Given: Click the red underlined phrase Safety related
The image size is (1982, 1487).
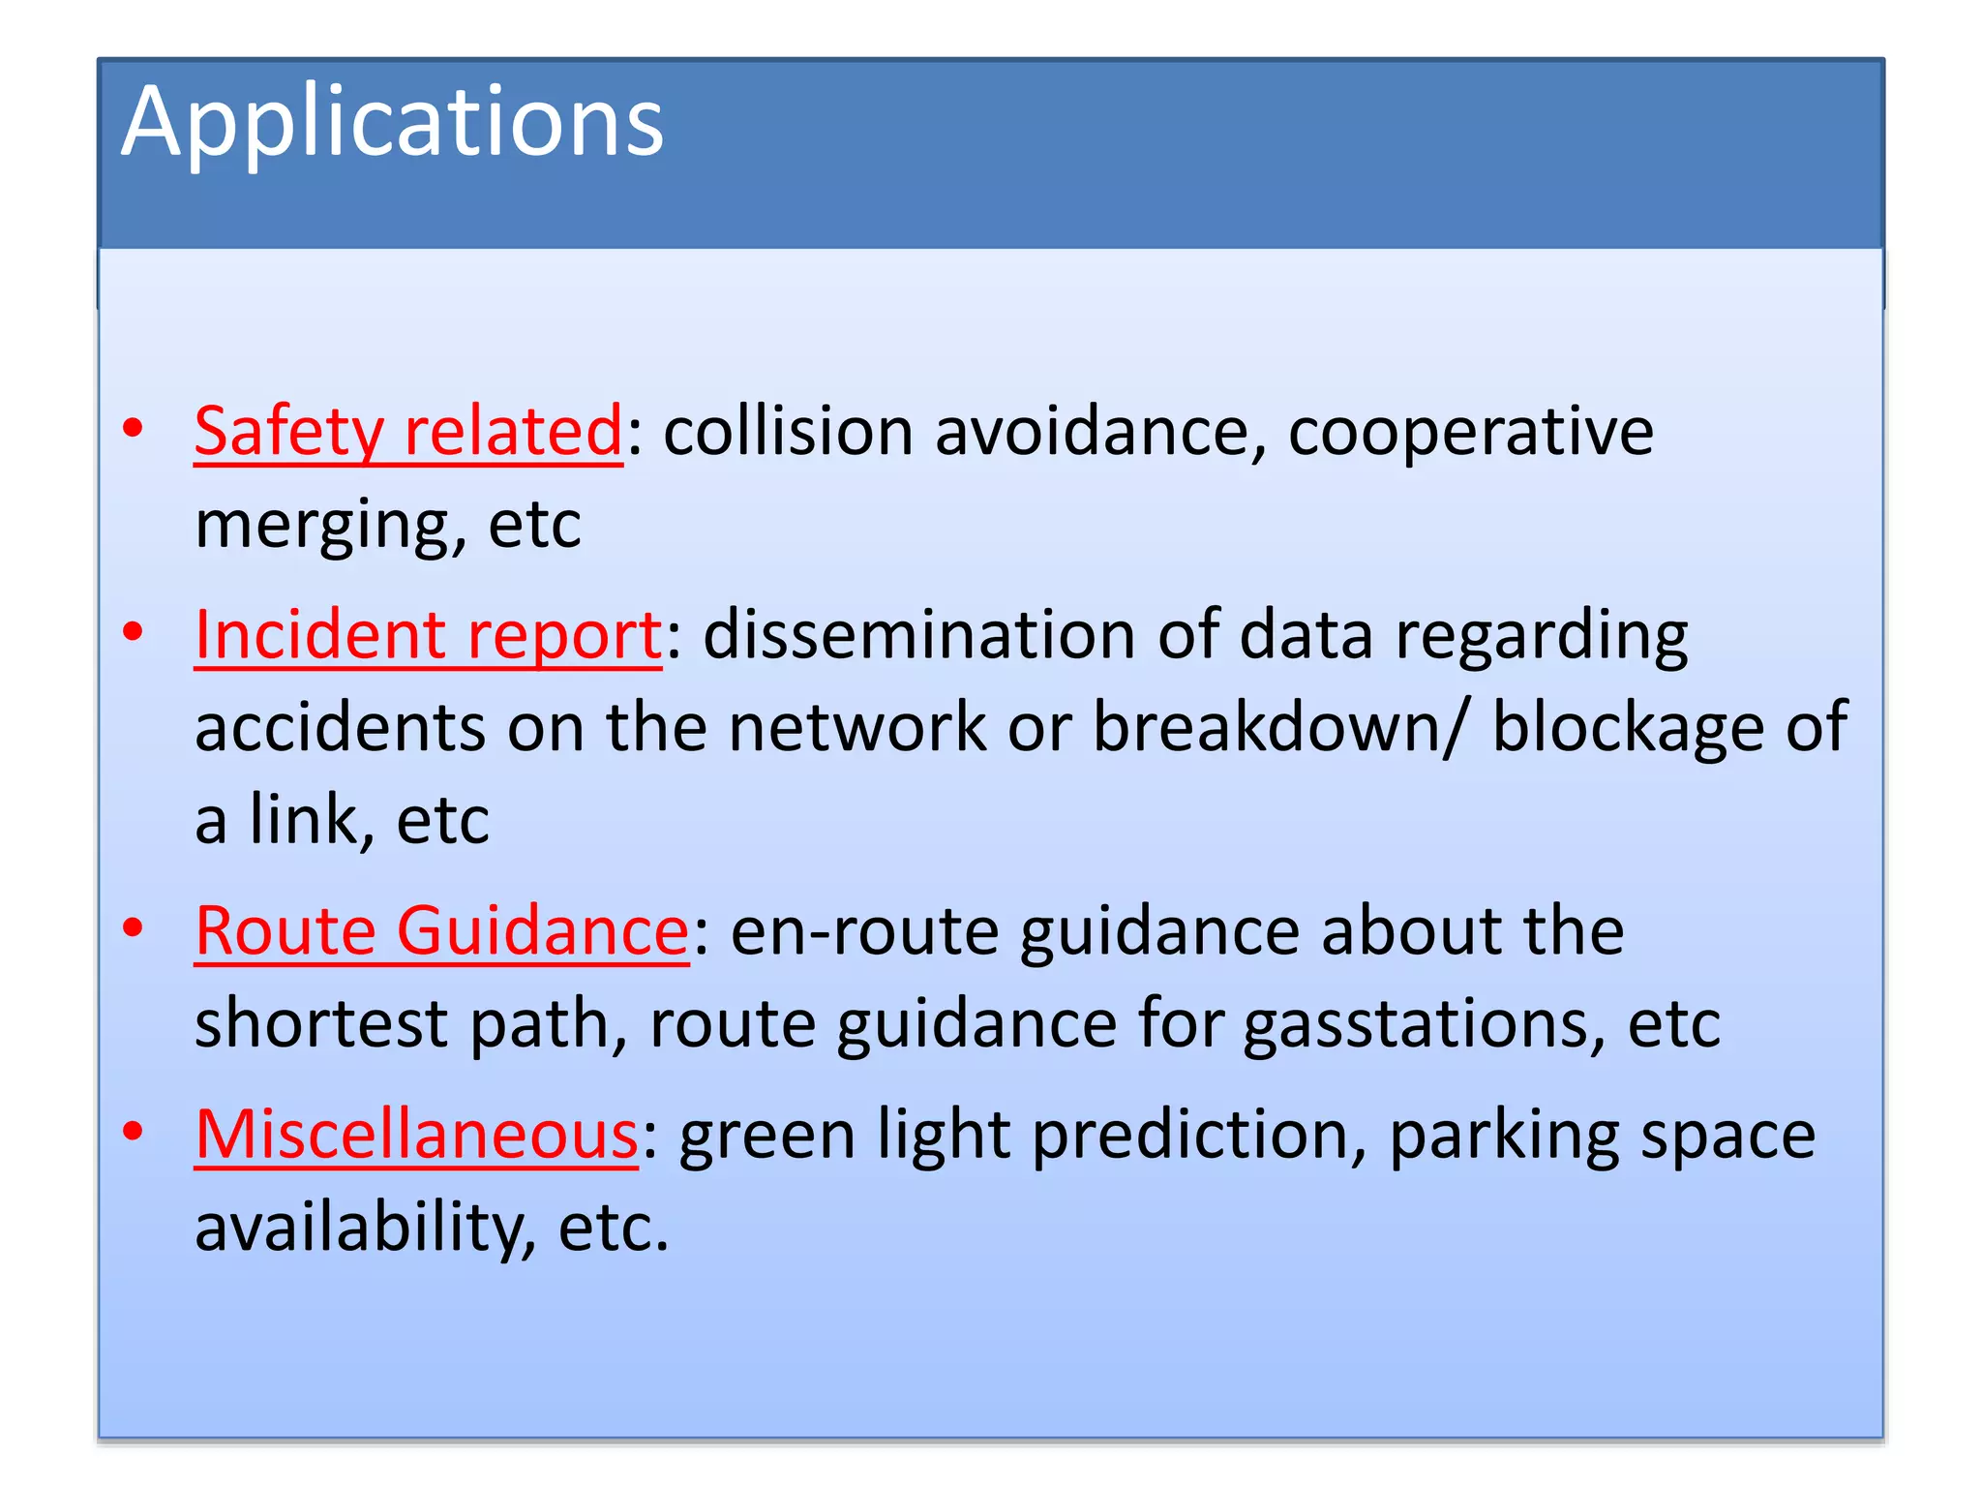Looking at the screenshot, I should coord(407,431).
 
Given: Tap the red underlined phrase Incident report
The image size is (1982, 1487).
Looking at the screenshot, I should coord(428,635).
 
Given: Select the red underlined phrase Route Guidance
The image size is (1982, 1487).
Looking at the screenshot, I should coord(441,930).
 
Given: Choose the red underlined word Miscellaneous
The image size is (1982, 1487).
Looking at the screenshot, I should coord(416,1134).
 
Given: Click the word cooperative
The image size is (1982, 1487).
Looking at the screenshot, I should coord(1470,431).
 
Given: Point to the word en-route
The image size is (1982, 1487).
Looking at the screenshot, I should coord(864,930).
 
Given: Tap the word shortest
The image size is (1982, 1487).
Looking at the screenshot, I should coord(321,1023).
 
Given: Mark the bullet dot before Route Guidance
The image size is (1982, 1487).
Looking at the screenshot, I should coord(134,926).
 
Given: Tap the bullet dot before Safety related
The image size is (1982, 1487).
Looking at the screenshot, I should coord(134,427).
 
